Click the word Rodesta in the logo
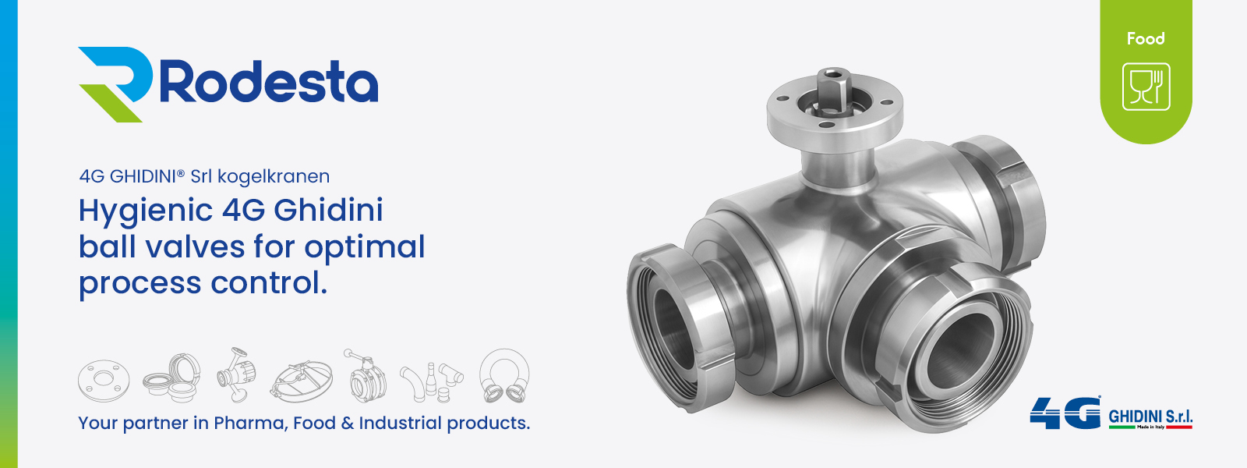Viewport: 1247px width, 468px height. [x=269, y=82]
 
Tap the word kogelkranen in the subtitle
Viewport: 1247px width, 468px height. [x=274, y=176]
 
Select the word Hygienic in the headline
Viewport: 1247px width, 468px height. [x=146, y=211]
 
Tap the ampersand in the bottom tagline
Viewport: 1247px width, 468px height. [x=348, y=423]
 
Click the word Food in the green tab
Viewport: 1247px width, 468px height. [x=1146, y=38]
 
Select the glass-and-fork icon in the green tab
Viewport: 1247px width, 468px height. [x=1146, y=87]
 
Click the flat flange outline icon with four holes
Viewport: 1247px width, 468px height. [x=104, y=381]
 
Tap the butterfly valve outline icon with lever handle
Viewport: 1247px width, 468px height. [x=363, y=376]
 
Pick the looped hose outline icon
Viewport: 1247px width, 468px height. [x=504, y=376]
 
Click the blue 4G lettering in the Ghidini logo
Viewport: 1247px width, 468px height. [x=1065, y=413]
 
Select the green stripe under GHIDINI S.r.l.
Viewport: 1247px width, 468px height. [x=1122, y=427]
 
